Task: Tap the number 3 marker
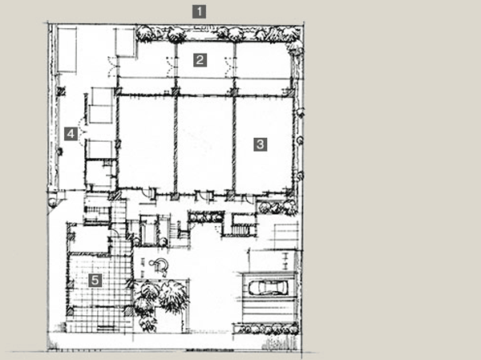tap(260, 144)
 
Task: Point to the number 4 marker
tap(71, 133)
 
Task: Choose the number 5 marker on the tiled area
tap(96, 280)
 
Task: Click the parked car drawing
tap(268, 288)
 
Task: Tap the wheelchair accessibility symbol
tap(160, 265)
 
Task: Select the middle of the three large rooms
tap(204, 144)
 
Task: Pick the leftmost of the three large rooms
tap(146, 144)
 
